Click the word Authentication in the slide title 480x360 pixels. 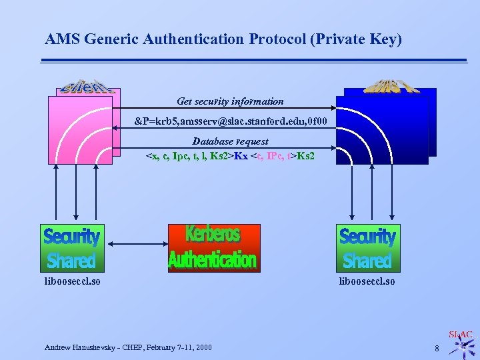[197, 39]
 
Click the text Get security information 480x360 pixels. [230, 102]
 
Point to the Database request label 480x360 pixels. [230, 141]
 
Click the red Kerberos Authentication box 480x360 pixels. [213, 248]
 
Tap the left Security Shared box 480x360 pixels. [71, 248]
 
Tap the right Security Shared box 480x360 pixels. [367, 248]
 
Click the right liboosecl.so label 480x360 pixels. [367, 281]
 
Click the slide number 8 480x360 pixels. [437, 348]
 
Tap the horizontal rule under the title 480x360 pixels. [253, 61]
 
